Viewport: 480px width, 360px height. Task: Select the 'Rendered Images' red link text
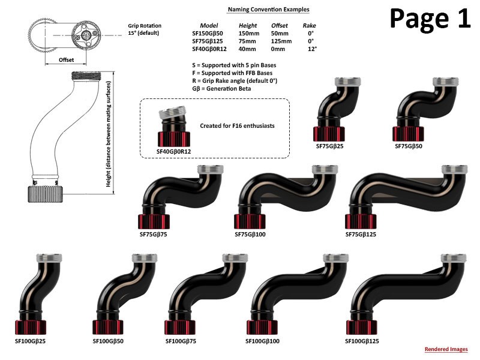(446, 349)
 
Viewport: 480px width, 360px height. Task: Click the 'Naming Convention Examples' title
(268, 10)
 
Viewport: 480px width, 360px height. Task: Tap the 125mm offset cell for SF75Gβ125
(278, 41)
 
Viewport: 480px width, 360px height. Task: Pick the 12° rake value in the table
(312, 49)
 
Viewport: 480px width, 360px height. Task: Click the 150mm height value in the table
(248, 34)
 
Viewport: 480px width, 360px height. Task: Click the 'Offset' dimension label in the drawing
(67, 60)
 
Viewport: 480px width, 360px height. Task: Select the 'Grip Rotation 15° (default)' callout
(143, 29)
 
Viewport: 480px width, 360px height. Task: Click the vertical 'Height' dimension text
(109, 134)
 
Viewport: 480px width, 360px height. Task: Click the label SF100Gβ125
(364, 341)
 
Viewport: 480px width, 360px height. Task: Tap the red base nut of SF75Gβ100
(249, 221)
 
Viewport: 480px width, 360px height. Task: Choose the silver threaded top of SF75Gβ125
(452, 170)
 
